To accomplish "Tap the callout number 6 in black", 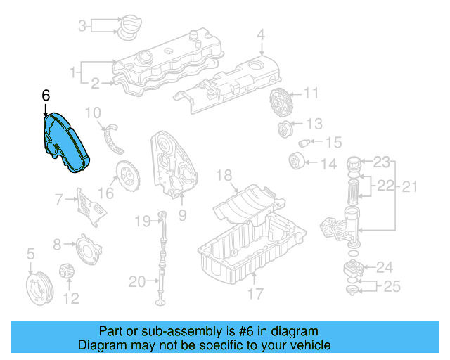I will point(46,95).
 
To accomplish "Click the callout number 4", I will point(260,34).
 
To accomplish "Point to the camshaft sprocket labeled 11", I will point(279,103).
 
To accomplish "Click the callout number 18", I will point(224,174).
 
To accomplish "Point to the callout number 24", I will point(384,267).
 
